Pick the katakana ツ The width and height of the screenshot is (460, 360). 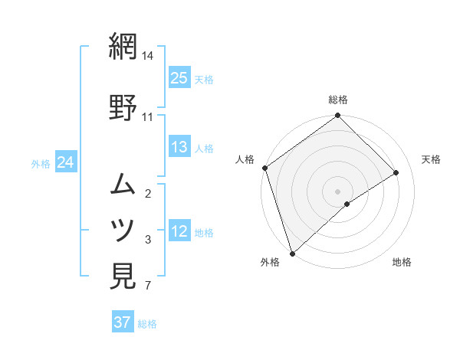coord(123,229)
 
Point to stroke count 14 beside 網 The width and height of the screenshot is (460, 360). coord(148,57)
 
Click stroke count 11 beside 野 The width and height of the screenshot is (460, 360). coord(148,117)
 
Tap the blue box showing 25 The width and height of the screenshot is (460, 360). coord(179,78)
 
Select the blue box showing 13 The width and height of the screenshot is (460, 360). coord(179,147)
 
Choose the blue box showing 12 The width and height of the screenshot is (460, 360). coord(179,231)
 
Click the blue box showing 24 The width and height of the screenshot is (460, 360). coord(66,162)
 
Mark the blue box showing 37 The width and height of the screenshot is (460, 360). coord(123,322)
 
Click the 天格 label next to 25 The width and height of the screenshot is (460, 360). coord(204,79)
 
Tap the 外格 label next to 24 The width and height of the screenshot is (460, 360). coord(41,163)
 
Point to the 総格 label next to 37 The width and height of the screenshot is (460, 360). coord(147,323)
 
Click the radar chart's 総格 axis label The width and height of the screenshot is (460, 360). coord(338,100)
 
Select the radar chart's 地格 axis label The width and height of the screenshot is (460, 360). coord(402,263)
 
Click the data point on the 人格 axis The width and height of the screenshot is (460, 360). coord(264,168)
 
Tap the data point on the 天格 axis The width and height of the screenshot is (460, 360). coord(396,173)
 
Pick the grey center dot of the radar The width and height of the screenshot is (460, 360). coord(337,190)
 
